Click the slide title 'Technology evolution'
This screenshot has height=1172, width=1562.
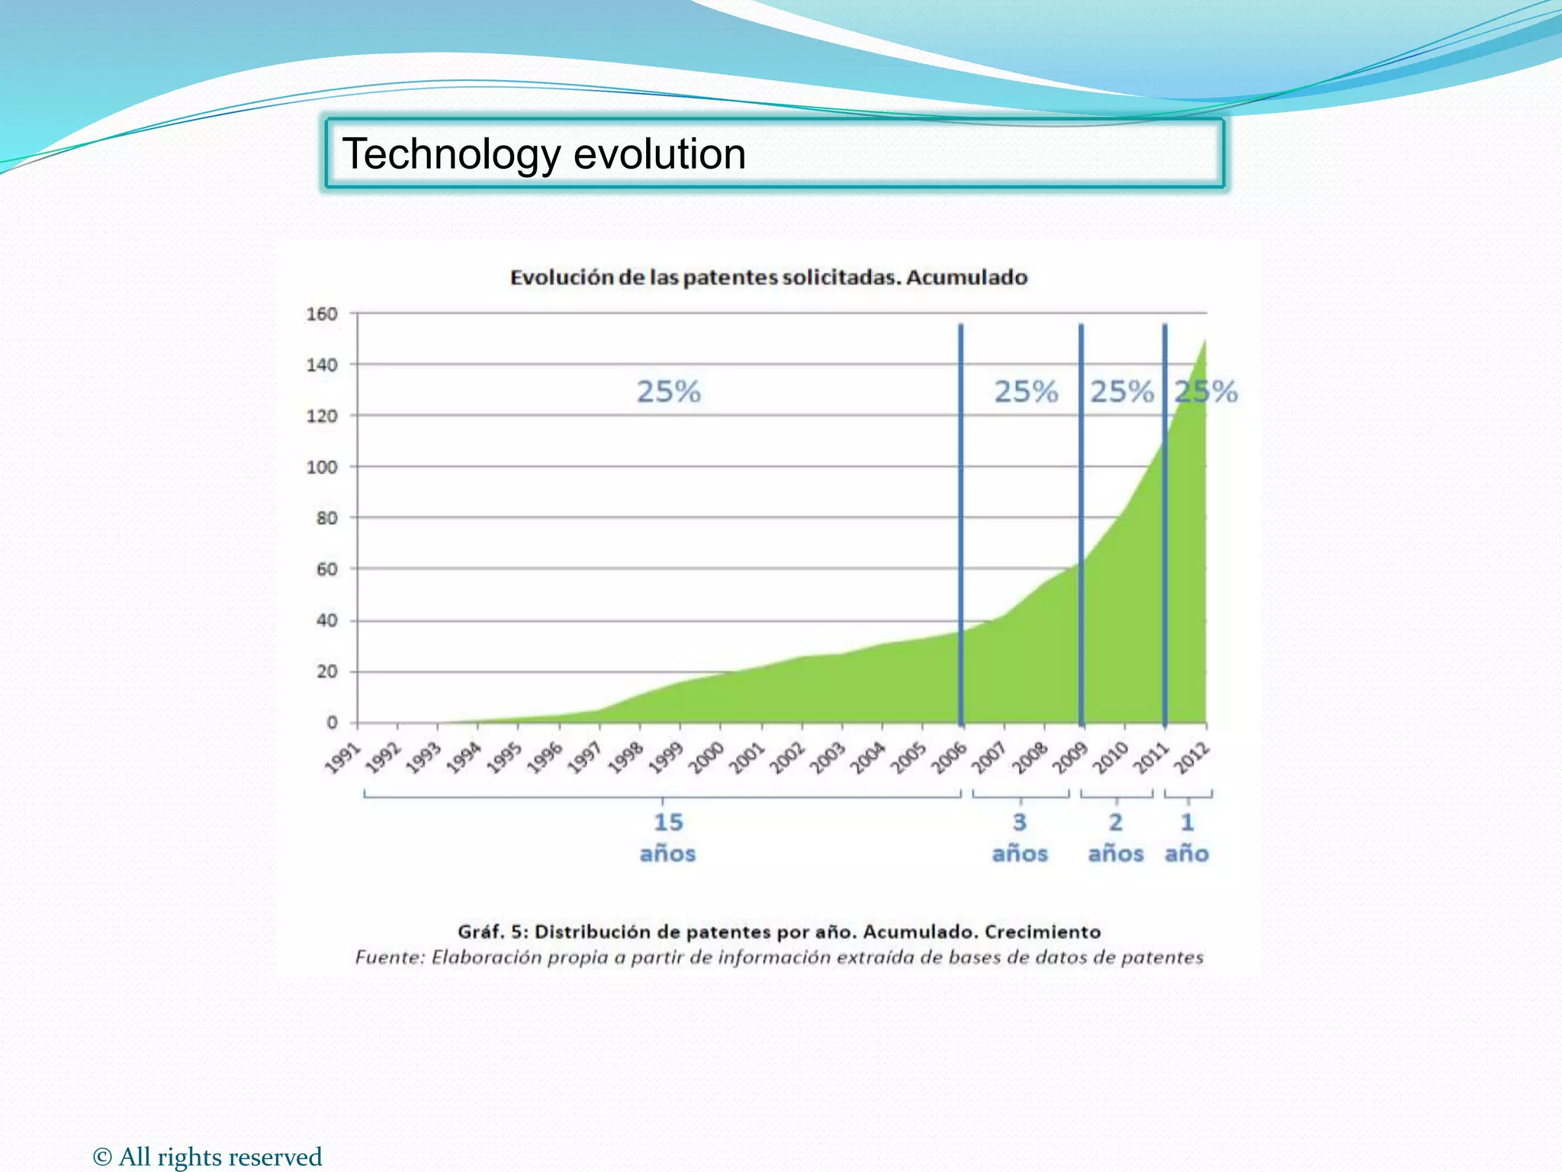point(543,154)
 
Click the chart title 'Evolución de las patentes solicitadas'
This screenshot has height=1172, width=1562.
point(768,277)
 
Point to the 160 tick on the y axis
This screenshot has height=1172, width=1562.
point(321,314)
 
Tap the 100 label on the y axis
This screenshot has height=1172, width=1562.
point(321,467)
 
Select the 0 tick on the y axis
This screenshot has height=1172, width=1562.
point(332,723)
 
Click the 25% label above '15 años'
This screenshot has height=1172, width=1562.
point(668,392)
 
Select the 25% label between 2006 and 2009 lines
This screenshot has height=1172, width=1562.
point(1026,392)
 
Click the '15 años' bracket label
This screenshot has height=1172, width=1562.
point(667,838)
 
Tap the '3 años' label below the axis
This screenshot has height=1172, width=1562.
point(1020,838)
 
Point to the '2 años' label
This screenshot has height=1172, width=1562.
point(1116,838)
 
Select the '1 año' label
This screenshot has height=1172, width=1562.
point(1187,838)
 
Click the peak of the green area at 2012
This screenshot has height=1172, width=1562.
point(1204,342)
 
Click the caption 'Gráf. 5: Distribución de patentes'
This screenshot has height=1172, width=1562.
point(779,932)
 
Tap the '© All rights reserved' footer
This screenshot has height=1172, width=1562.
point(207,1157)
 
